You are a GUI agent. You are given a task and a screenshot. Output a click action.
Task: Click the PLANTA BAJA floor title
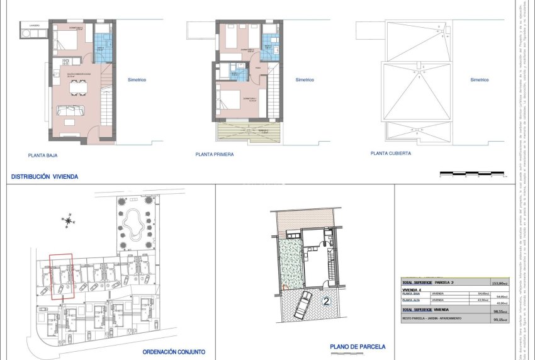tap(44, 154)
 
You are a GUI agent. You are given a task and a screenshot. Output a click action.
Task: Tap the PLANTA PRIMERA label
tap(215, 154)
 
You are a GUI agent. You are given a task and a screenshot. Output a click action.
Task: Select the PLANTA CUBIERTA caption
tap(391, 153)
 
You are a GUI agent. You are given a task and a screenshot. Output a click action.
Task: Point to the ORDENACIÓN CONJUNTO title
tap(174, 352)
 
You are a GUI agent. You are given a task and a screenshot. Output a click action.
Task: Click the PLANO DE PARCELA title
tap(358, 347)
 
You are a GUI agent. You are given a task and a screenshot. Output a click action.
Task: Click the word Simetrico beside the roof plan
tap(479, 80)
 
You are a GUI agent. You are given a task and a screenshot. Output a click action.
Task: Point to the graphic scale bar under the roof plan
tap(471, 172)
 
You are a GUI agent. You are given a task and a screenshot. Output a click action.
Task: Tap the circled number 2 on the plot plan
tap(326, 301)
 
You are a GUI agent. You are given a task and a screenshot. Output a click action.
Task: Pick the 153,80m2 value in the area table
tap(500, 283)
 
